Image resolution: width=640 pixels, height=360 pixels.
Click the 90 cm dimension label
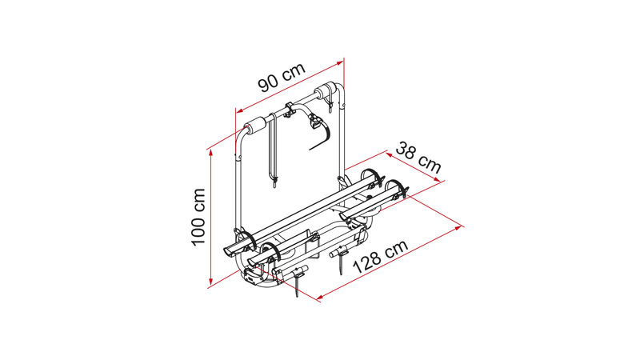click(282, 77)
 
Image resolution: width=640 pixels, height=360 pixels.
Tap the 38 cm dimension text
click(418, 157)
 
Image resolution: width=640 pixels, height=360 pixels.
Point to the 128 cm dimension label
click(380, 256)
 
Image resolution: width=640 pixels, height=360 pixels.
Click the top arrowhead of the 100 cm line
click(210, 153)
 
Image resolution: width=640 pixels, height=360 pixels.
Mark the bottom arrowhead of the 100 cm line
click(210, 282)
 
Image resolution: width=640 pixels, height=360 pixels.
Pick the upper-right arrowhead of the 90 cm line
click(339, 63)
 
